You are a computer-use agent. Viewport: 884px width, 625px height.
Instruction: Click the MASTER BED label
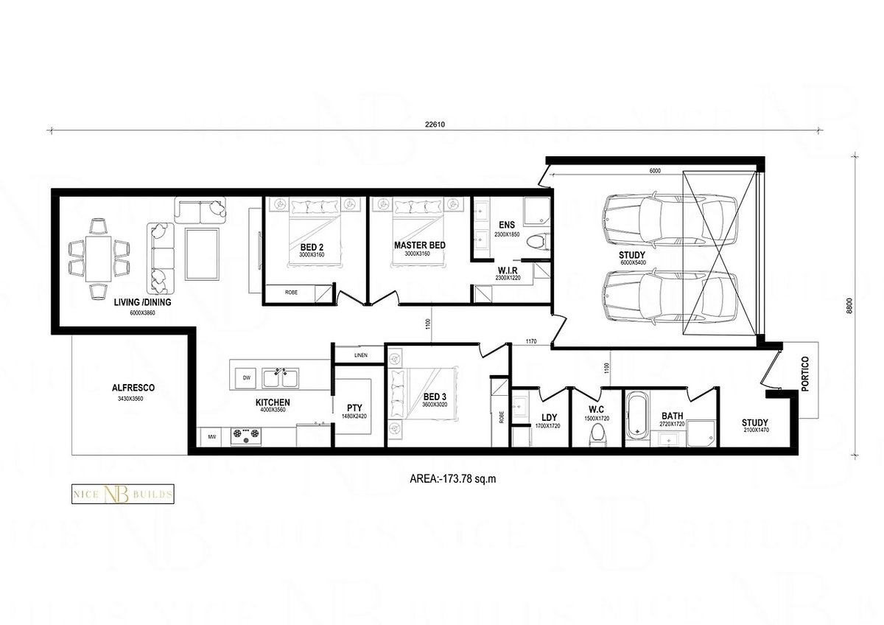419,245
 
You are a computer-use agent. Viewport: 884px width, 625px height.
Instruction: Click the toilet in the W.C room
597,436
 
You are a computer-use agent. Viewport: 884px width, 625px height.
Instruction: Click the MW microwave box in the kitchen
212,437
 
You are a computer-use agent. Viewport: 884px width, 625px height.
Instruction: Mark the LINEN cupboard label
360,355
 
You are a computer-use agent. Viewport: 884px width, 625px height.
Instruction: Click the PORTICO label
804,374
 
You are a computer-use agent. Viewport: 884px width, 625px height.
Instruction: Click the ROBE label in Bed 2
292,293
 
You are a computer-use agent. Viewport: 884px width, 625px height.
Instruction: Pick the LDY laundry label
548,417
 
